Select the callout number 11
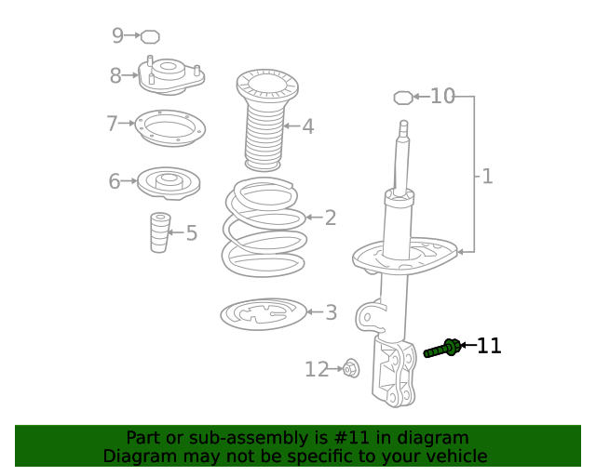489,347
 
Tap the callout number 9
117,35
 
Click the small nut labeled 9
150,36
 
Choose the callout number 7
112,124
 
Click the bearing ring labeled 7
169,127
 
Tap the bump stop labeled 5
160,232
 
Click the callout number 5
192,232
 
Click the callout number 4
307,126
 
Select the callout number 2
331,218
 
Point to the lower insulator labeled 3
264,314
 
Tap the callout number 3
332,312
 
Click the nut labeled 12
351,368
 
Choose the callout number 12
317,370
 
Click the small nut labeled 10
403,97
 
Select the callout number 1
487,175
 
